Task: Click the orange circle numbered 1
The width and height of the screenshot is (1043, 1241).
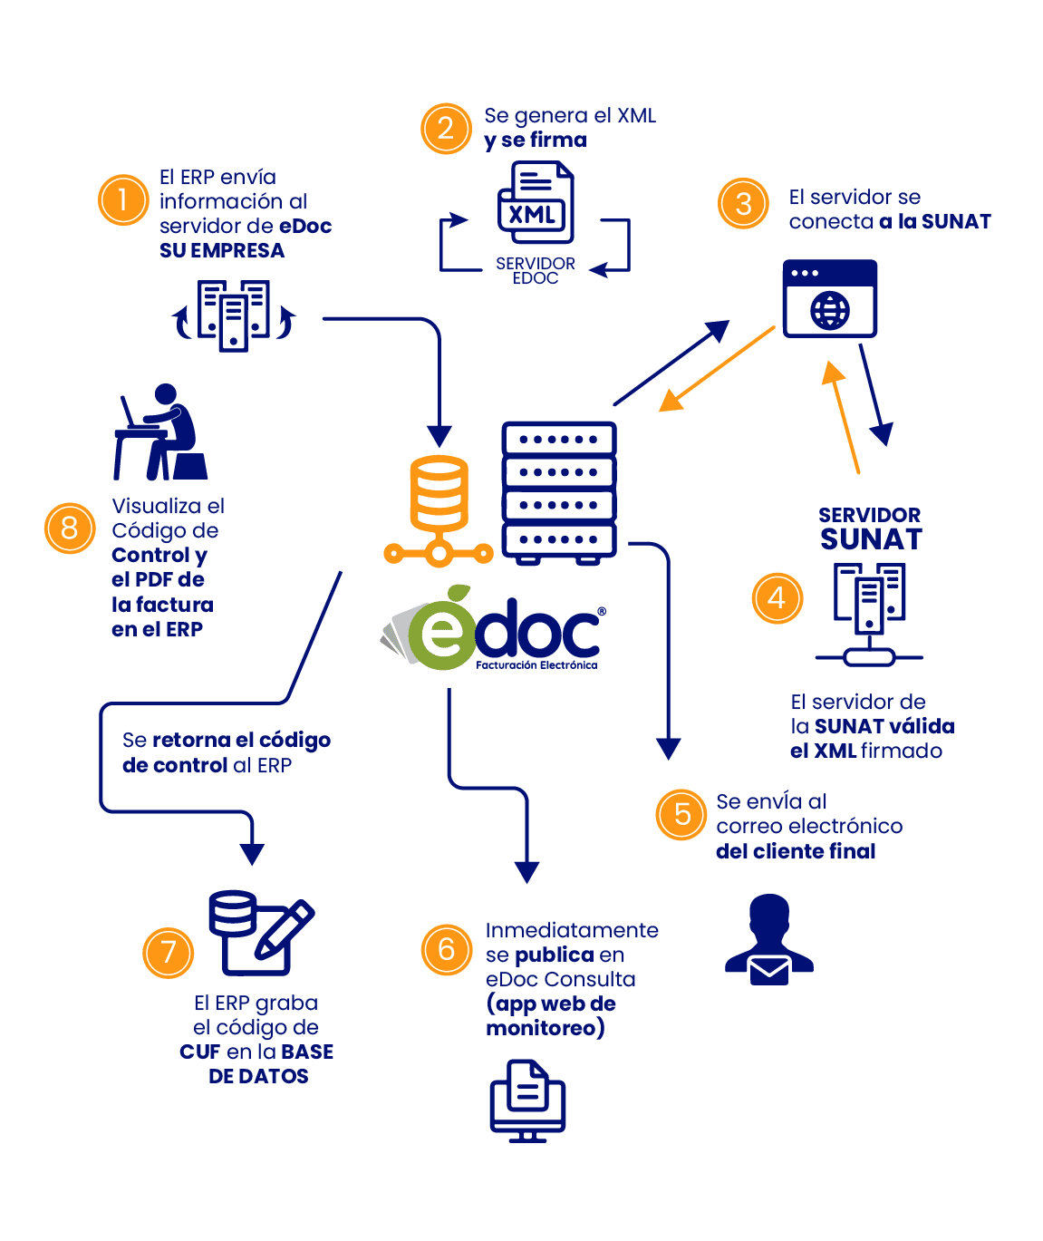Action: point(123,199)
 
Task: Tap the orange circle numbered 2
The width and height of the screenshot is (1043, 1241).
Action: point(446,129)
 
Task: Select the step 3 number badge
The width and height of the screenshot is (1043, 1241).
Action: point(743,203)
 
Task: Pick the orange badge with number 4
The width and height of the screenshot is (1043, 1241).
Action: point(777,597)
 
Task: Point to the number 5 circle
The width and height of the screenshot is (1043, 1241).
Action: point(681,814)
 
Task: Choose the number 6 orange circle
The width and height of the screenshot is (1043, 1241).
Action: point(447,949)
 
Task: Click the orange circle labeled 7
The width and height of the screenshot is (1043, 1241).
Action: point(169,953)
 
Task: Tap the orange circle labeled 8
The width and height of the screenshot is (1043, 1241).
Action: point(70,528)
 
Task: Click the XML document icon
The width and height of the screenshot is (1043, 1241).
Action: point(536,202)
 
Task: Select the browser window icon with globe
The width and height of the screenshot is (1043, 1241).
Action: point(830,298)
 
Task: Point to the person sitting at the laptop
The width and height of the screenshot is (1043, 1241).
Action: point(160,431)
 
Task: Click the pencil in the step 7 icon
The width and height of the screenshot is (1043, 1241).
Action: point(285,930)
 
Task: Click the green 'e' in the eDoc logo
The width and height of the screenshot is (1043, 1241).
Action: point(443,635)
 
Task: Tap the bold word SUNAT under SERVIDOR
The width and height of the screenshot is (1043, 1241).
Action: point(871,539)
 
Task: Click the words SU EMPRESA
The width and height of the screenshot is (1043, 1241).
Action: point(222,251)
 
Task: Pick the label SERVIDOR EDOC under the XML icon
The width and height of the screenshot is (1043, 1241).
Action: point(536,270)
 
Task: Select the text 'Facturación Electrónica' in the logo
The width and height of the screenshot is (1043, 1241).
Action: point(536,665)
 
